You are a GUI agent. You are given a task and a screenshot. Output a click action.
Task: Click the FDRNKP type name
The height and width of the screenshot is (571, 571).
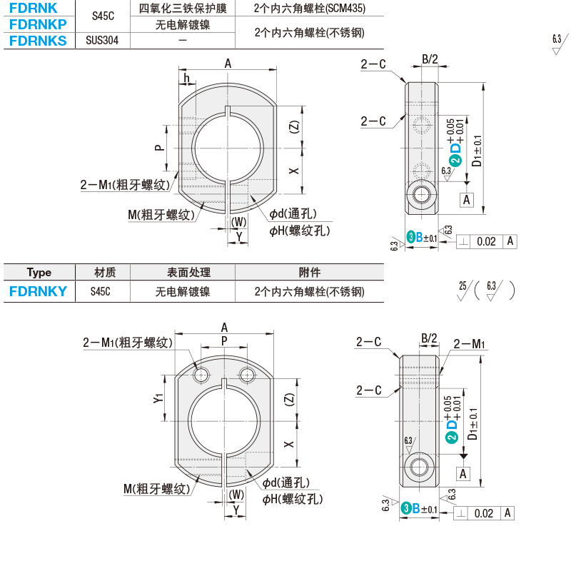[38, 24]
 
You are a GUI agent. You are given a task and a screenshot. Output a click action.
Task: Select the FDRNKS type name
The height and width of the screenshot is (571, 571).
[38, 41]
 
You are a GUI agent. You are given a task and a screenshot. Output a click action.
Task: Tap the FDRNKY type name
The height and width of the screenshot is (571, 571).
[39, 291]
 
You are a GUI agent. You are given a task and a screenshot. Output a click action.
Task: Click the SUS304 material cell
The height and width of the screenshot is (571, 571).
[102, 41]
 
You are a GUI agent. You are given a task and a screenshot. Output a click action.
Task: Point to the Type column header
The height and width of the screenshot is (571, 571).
[39, 273]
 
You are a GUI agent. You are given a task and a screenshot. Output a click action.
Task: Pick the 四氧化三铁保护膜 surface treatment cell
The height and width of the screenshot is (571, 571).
[183, 8]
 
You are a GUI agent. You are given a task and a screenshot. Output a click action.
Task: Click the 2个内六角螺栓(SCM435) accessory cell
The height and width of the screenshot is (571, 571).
[310, 8]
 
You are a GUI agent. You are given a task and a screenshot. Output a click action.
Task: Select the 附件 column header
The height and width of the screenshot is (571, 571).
[310, 273]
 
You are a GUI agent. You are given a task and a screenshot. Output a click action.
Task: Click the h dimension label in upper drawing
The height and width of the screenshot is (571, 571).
[187, 78]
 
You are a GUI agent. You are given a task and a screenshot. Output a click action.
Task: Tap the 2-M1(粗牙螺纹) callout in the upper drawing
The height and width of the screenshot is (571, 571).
[126, 185]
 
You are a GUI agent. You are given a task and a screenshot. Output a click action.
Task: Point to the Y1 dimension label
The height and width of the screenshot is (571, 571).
[158, 398]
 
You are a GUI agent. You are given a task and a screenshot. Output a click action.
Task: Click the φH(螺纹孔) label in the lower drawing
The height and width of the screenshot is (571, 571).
[293, 499]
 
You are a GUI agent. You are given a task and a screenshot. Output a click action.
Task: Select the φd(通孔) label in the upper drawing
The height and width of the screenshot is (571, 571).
[293, 213]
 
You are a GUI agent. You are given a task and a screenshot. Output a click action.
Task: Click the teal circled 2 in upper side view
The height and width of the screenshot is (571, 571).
[455, 160]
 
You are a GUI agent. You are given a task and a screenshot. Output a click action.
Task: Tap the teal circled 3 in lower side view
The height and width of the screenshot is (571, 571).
[406, 508]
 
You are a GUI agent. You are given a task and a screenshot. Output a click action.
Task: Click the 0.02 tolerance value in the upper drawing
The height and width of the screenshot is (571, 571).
[486, 241]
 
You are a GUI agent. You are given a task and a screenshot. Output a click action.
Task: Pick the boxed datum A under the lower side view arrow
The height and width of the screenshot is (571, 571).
[463, 474]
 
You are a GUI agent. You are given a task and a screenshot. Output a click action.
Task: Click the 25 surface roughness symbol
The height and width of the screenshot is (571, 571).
[463, 290]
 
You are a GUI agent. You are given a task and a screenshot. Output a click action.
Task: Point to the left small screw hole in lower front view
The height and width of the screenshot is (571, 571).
[201, 375]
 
